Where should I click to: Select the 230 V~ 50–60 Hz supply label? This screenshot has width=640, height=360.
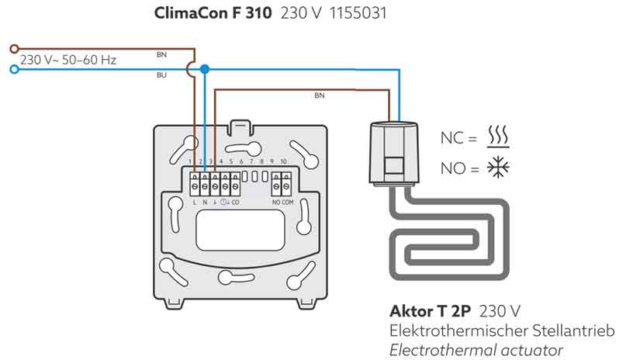(x=68, y=59)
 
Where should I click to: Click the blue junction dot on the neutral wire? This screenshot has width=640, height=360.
(x=204, y=70)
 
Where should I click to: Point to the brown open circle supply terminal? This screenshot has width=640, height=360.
(x=12, y=49)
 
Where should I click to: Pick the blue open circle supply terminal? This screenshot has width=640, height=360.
(x=12, y=70)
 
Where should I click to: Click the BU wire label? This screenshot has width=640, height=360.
(x=161, y=76)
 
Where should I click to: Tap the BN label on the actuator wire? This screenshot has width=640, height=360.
(x=320, y=95)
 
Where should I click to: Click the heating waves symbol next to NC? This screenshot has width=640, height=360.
(x=497, y=137)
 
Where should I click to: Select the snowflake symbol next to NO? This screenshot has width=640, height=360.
(x=497, y=167)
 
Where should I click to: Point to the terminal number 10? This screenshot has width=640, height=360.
(x=283, y=161)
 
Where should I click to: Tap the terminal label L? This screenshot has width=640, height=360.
(x=194, y=202)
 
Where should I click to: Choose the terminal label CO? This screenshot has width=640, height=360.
(x=235, y=202)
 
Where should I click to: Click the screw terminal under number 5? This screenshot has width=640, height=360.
(x=234, y=185)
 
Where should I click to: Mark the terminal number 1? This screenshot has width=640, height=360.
(x=190, y=161)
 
